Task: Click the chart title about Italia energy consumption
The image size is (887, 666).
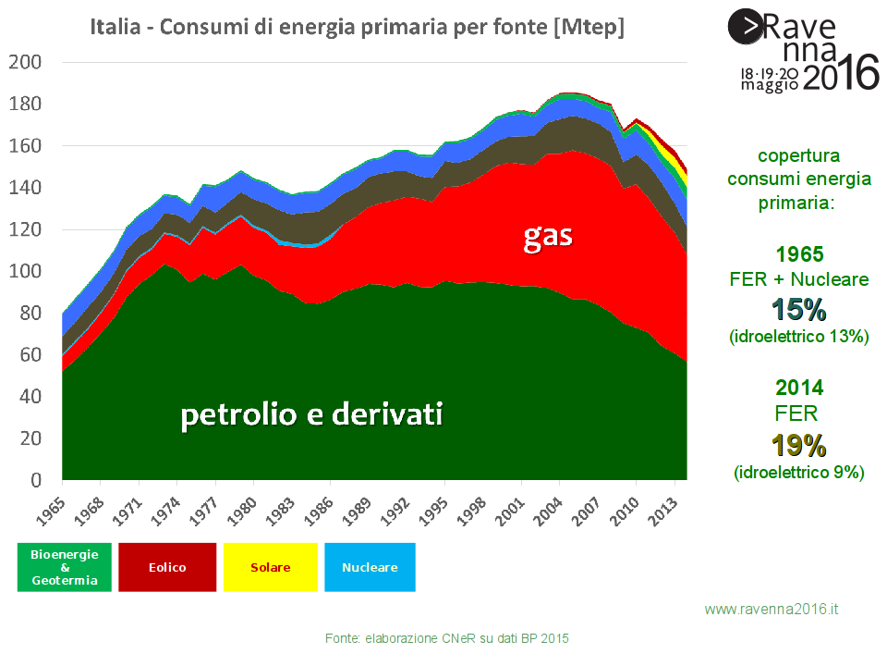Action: [x=357, y=27]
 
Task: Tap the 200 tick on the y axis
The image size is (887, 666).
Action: [x=25, y=62]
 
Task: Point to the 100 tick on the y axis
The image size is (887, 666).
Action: [x=25, y=271]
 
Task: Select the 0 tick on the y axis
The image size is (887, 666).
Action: [x=36, y=480]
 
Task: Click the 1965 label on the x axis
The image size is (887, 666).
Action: [x=51, y=512]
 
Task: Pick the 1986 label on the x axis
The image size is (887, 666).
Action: [x=319, y=512]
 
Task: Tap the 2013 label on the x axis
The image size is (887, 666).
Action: [x=663, y=512]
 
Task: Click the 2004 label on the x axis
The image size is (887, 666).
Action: [x=548, y=512]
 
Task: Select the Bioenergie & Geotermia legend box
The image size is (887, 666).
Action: [x=65, y=567]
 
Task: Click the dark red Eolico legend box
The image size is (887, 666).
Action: [x=167, y=567]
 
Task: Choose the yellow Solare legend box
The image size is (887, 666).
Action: [x=271, y=567]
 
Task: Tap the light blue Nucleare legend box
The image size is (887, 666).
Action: [x=370, y=567]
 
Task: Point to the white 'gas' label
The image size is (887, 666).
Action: [x=548, y=238]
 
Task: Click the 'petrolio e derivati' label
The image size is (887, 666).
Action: [x=311, y=415]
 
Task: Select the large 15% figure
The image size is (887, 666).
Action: [x=798, y=310]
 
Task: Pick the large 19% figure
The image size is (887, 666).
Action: [x=798, y=445]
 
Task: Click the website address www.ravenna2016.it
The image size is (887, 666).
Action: [x=771, y=610]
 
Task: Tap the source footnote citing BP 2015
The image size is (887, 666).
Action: [x=447, y=639]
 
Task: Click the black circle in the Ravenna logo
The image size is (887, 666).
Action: [x=746, y=26]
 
